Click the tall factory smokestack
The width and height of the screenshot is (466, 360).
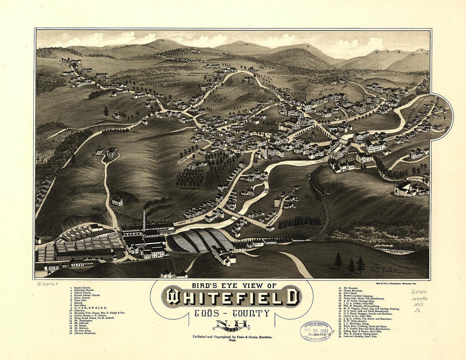(x=144, y=220)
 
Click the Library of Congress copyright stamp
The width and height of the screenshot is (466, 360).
(x=316, y=331)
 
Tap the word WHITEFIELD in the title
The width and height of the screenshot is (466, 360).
(x=232, y=297)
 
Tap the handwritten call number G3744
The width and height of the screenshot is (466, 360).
(x=419, y=292)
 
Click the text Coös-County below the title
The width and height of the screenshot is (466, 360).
(x=232, y=314)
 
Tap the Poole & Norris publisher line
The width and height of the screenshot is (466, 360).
(x=232, y=337)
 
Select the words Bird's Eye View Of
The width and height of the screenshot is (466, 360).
(x=232, y=285)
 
